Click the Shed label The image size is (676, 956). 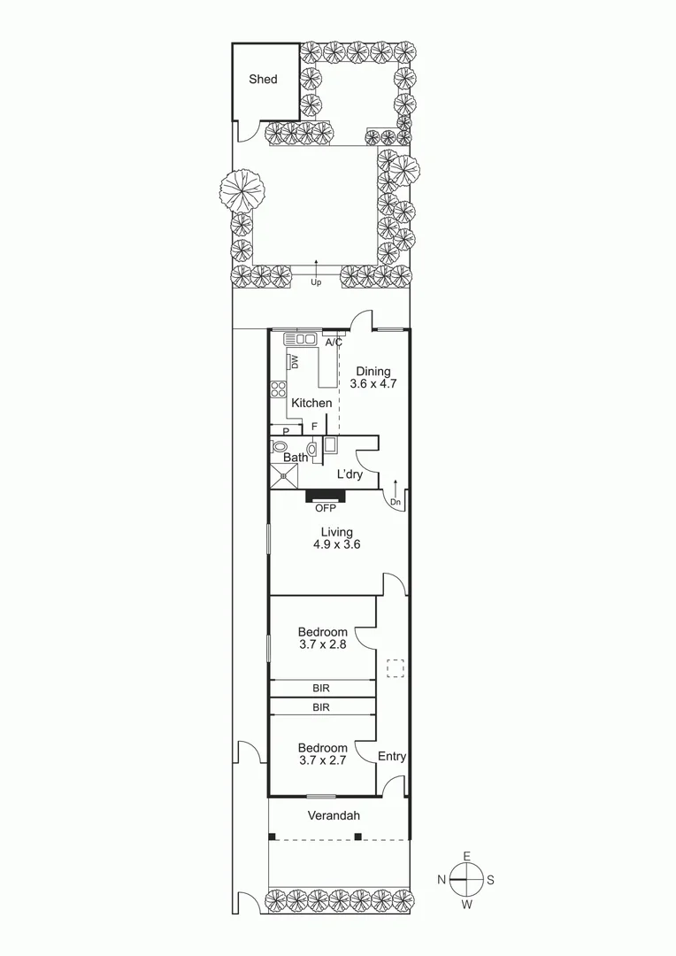coord(263,80)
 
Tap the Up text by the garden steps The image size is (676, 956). coord(315,282)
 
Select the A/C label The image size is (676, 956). coord(334,342)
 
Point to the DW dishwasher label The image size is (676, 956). coord(294,362)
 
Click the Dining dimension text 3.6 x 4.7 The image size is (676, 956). coord(373,385)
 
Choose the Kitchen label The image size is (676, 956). coord(311,403)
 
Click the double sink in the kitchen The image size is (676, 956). coord(301,339)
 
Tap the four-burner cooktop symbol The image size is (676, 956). coord(278,391)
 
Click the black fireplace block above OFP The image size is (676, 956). coord(326,496)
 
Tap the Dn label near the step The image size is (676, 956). coord(396,502)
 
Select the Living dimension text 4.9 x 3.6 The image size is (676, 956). coord(336,545)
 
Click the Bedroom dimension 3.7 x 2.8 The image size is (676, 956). coord(322,645)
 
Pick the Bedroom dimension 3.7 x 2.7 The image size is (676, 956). coord(322,761)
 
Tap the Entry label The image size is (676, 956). coord(392,756)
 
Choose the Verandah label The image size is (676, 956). coord(334,815)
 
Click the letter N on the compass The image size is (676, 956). coord(440,880)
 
